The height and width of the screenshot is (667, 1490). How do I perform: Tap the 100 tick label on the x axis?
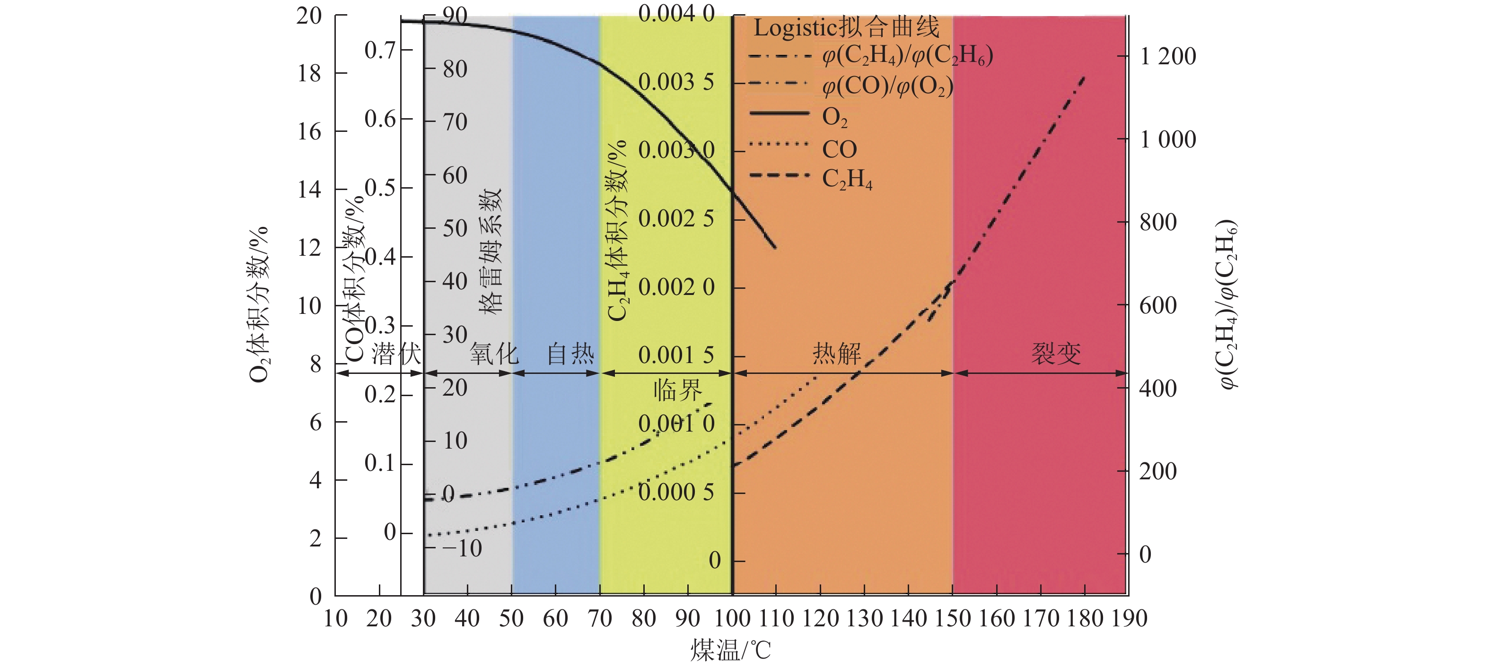coord(732,618)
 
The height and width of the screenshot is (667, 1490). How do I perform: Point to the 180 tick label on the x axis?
coord(1085,618)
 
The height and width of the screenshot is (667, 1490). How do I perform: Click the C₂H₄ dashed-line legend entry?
coord(847,179)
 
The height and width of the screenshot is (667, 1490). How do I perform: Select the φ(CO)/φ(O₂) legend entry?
coord(887,87)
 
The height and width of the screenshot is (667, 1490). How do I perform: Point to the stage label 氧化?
coord(493,353)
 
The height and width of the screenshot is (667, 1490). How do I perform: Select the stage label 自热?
coord(570,353)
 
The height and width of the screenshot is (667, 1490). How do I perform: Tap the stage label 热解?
coord(837,353)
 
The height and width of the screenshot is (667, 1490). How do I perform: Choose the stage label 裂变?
coord(1056,353)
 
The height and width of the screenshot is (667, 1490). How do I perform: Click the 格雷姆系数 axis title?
coord(491,251)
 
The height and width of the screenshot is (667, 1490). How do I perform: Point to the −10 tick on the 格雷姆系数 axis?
coord(462,548)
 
